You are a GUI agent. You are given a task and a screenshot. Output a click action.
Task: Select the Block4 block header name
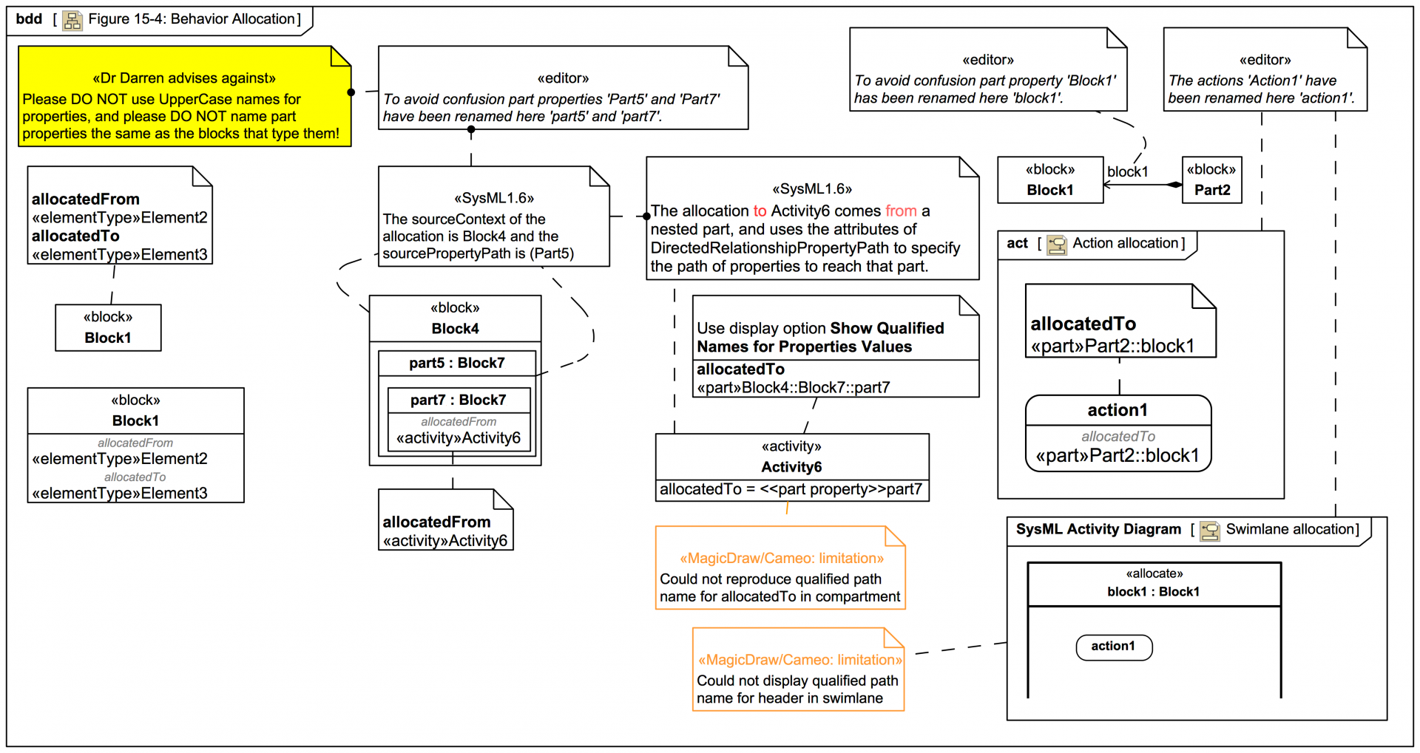tap(455, 328)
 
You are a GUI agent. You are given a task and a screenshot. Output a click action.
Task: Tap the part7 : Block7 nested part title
tap(458, 400)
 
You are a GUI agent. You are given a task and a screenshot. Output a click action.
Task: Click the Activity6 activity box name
tap(791, 466)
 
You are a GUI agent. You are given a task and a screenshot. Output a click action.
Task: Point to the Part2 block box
tap(1211, 180)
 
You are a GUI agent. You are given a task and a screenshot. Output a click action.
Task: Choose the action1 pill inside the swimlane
tap(1113, 647)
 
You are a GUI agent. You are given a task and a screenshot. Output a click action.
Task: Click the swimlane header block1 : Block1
tap(1153, 591)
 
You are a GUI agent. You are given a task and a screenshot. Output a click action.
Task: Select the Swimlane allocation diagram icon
tap(1210, 531)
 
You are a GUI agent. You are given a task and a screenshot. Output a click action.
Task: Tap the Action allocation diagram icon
tap(1057, 245)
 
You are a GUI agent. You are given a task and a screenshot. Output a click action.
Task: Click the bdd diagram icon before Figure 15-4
tap(72, 20)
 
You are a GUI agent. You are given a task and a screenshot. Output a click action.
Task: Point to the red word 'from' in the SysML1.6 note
tap(900, 211)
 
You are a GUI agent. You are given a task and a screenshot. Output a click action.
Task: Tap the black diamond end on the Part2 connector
tap(1174, 185)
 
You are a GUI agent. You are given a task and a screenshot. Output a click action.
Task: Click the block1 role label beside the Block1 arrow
tap(1127, 171)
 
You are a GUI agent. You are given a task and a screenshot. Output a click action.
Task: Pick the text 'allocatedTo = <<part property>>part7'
tap(791, 489)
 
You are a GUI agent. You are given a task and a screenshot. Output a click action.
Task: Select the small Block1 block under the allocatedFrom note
tap(108, 328)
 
